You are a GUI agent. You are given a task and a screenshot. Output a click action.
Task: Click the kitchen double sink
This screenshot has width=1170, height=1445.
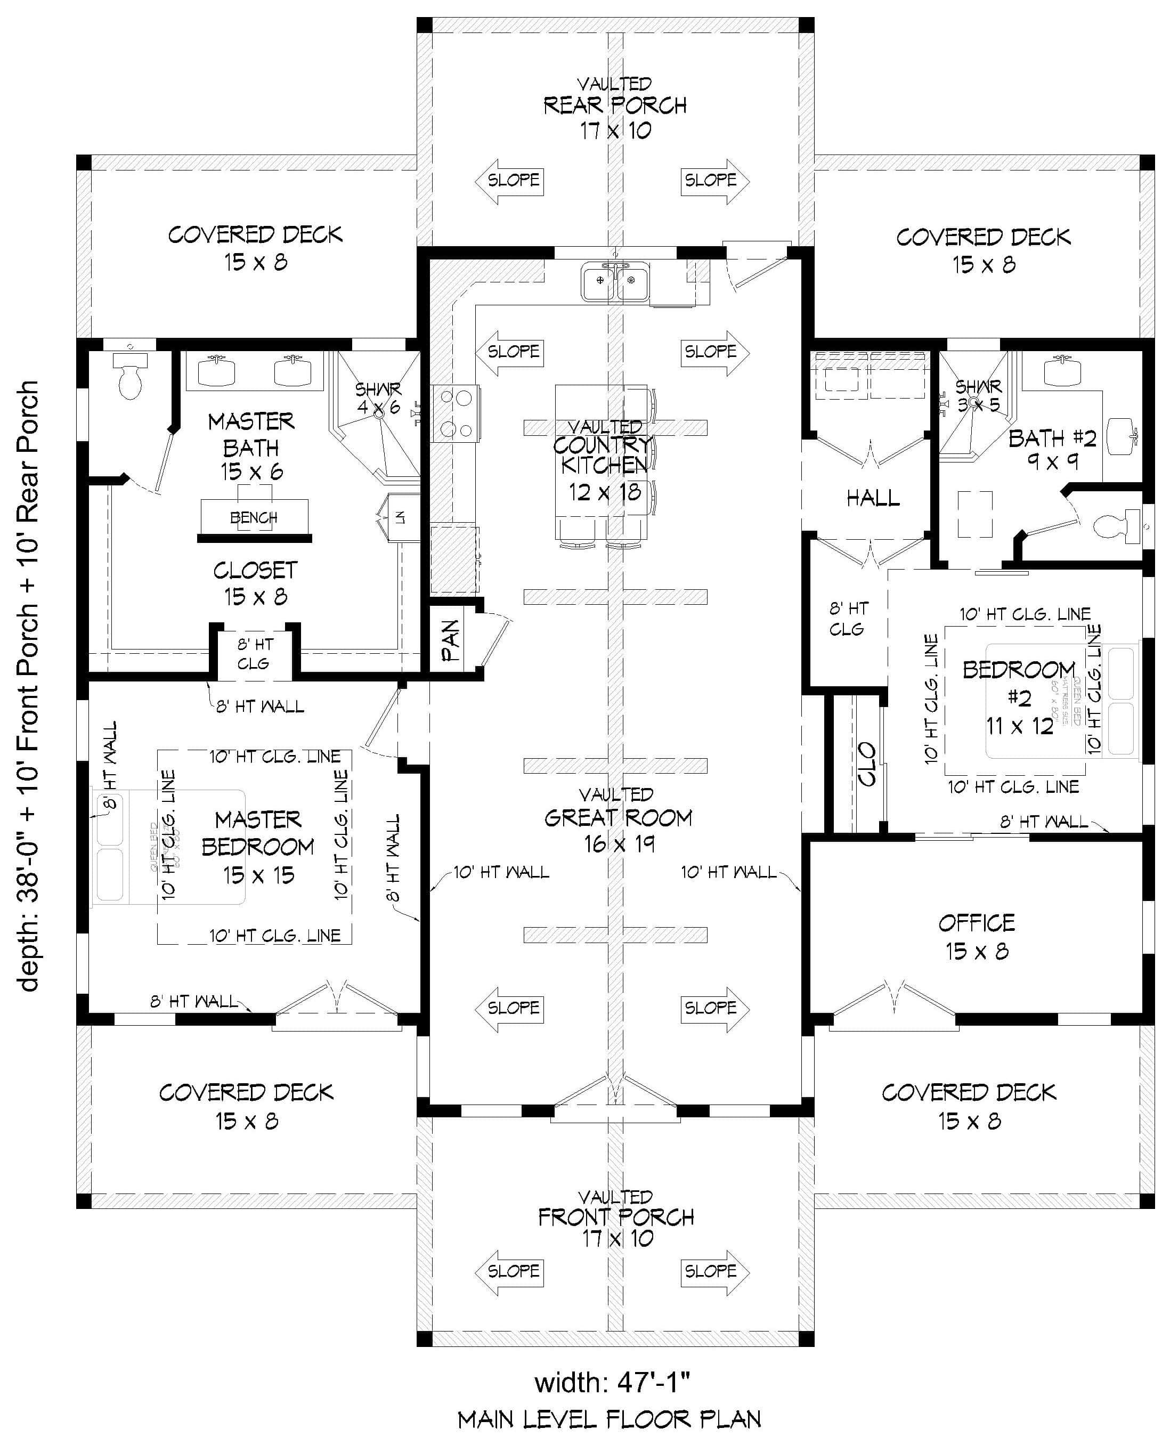click(x=615, y=282)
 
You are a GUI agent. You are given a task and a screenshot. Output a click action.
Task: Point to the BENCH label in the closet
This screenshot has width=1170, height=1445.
click(x=254, y=517)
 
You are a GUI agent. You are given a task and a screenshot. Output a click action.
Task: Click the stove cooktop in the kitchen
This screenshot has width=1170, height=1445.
click(x=456, y=413)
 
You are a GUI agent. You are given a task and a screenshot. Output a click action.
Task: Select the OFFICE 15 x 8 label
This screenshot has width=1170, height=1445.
click(x=976, y=937)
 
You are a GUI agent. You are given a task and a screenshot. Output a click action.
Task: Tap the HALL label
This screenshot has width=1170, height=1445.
click(x=873, y=498)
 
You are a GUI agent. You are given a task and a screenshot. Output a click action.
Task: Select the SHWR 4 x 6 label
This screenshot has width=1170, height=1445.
click(x=378, y=397)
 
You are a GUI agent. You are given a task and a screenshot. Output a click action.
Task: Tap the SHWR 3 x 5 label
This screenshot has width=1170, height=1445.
click(x=978, y=396)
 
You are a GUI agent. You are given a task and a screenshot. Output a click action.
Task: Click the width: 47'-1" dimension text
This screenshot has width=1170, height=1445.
click(x=612, y=1382)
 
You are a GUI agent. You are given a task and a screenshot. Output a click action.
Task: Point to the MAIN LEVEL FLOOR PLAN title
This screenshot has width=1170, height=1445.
click(x=610, y=1419)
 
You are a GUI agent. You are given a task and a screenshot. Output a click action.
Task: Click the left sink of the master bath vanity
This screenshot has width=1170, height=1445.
click(x=216, y=371)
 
